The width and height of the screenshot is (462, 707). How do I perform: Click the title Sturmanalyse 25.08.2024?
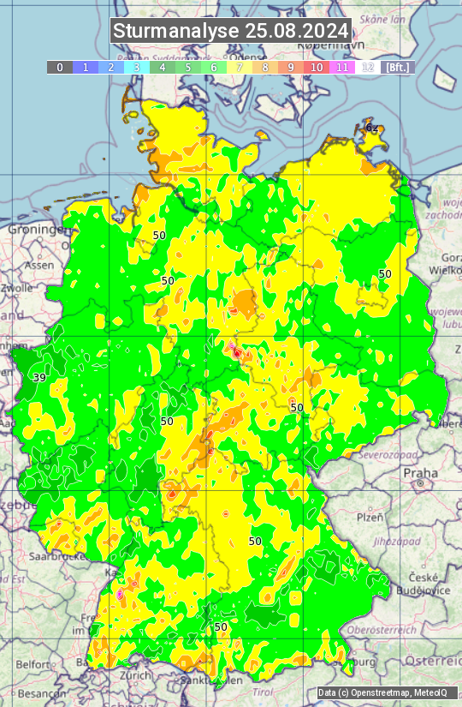pos(231,31)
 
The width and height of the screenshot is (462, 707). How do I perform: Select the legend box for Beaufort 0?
pos(60,67)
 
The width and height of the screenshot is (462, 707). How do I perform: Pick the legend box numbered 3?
pos(137,67)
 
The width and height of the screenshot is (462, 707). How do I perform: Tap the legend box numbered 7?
pos(240,67)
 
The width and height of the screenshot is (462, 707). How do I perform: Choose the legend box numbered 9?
pos(291,67)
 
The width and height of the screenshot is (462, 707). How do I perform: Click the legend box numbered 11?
pos(342,67)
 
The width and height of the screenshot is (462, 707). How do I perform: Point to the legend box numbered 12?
pos(368,67)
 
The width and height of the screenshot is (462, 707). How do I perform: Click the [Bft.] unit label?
pos(397,67)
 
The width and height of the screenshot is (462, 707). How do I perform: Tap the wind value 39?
pos(39,377)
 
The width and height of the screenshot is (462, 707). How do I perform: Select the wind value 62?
pos(372,128)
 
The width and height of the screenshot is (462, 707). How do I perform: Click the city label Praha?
pos(420,472)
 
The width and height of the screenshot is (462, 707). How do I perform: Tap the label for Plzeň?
pos(369,518)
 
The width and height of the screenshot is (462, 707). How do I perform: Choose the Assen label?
pos(38,266)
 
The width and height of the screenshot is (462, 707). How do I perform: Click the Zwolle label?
pos(16,289)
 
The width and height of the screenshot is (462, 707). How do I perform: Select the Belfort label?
pos(33,663)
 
